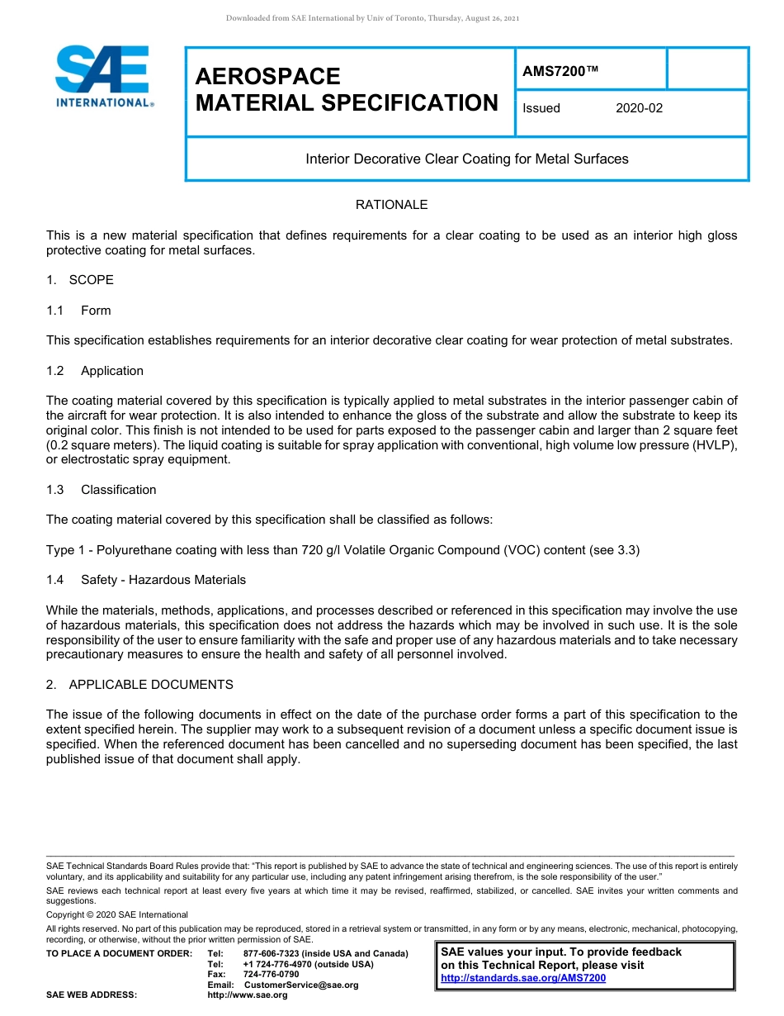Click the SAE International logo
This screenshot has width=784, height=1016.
click(103, 76)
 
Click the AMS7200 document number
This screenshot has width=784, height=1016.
click(560, 71)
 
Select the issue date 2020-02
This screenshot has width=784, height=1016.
click(639, 108)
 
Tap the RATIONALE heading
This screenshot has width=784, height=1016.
click(391, 205)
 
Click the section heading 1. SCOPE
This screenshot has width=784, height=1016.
click(80, 280)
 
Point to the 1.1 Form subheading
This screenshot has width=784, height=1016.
click(79, 311)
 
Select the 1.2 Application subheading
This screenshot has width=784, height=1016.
click(95, 371)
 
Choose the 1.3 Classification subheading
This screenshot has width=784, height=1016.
click(102, 490)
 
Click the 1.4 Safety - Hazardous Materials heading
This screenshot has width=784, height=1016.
click(146, 580)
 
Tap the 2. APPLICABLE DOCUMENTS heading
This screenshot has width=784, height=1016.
click(139, 685)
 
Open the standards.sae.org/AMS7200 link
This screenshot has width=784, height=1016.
click(523, 978)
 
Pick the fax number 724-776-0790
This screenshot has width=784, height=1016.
click(272, 975)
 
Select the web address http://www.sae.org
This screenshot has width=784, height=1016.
click(248, 995)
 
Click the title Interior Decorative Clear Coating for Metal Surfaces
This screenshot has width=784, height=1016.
click(467, 159)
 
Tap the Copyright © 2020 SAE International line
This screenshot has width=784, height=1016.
click(117, 914)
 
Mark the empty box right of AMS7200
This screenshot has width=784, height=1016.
click(706, 69)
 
